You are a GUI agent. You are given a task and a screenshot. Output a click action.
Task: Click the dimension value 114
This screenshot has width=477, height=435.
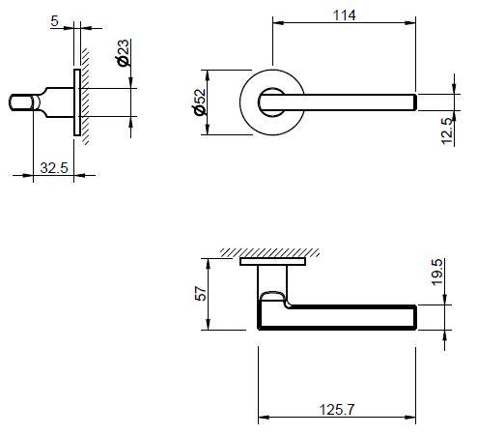click(344, 14)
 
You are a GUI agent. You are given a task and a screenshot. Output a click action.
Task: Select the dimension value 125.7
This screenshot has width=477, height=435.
click(338, 410)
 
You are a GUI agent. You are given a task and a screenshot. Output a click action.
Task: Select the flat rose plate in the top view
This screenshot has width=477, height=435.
click(273, 261)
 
